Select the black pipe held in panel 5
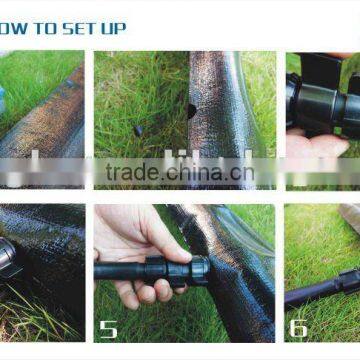[x=120, y=271]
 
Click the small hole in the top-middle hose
[x=190, y=111]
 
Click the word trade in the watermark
[x=135, y=171]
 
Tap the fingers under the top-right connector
[x=315, y=145]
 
